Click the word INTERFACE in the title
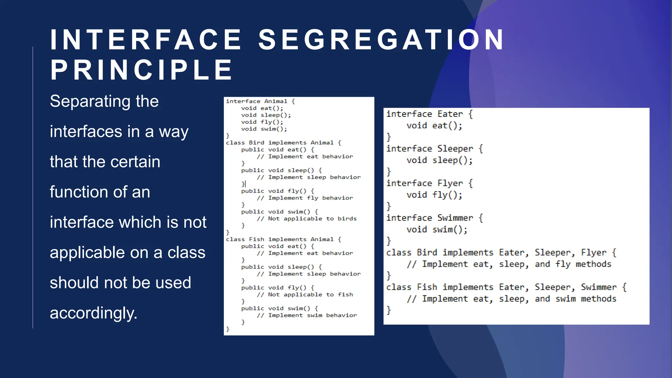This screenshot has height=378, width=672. coord(146,40)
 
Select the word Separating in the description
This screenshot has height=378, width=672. coord(89,101)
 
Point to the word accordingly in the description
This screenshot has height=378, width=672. coord(94,313)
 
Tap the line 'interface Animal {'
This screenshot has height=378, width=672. coord(260,101)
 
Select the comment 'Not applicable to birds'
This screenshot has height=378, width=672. coord(312,219)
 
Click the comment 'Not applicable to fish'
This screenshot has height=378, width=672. coord(310,295)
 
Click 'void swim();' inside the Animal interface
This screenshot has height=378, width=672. coord(264,129)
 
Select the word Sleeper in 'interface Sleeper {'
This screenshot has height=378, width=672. coord(455,149)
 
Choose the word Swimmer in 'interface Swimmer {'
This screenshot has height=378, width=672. coord(455,218)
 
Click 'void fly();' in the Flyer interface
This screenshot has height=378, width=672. coord(434,195)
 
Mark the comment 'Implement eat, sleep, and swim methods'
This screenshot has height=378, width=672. coord(519,299)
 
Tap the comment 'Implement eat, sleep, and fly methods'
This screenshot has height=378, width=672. coord(516,264)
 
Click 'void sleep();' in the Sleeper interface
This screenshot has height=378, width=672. coord(440,160)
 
